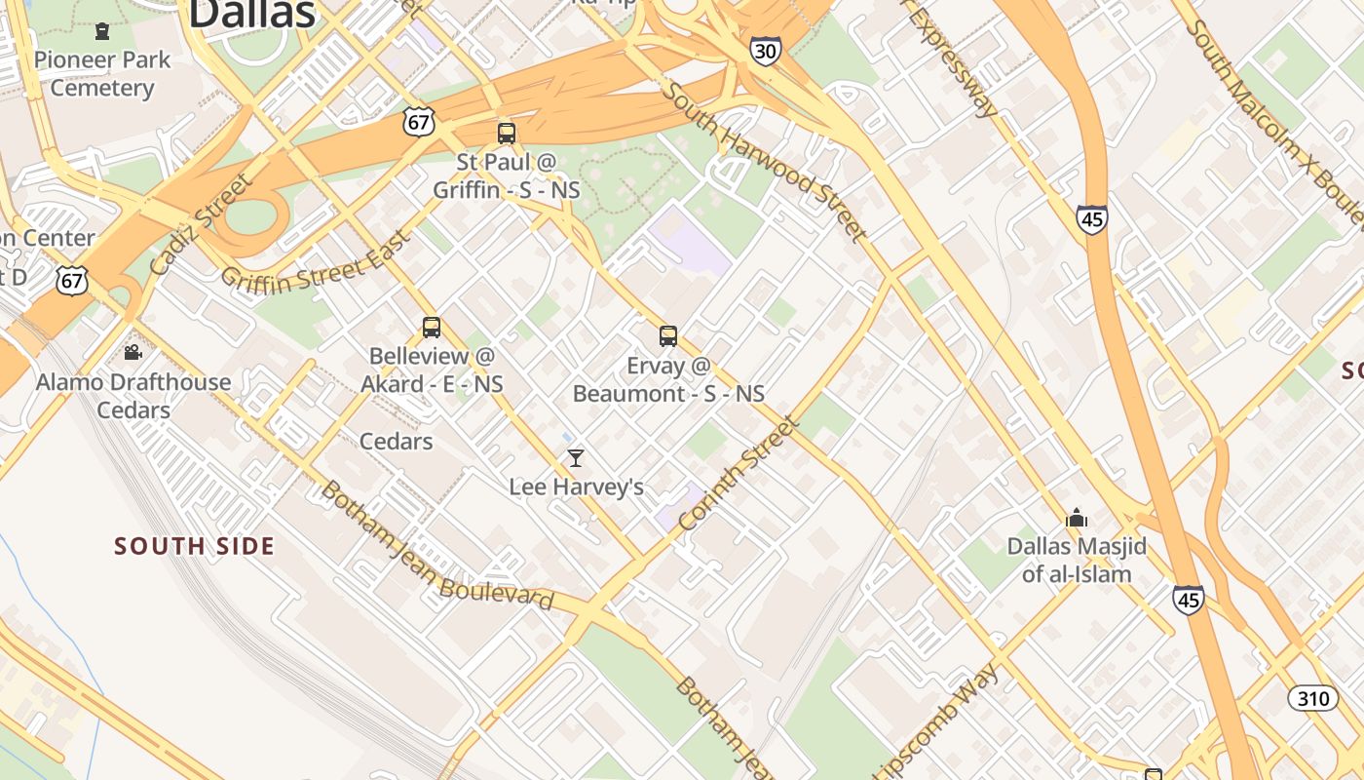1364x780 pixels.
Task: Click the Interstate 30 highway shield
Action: tap(765, 51)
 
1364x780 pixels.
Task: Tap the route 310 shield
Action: tap(1312, 698)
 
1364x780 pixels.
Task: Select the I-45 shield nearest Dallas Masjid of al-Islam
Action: tap(1188, 599)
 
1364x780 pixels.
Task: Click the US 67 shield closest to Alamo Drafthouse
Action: tap(72, 281)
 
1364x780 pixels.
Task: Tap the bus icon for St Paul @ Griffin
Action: tap(506, 134)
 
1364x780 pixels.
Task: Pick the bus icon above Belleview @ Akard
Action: tap(432, 328)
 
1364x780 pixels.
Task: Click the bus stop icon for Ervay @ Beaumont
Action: tap(667, 336)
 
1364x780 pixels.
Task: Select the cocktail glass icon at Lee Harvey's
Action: tap(576, 457)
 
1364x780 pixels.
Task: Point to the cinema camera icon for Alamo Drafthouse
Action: tap(133, 352)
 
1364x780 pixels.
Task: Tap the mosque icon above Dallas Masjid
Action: tap(1077, 517)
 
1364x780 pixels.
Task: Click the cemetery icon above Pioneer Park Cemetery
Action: tap(102, 31)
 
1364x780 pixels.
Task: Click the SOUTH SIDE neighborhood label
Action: tap(194, 546)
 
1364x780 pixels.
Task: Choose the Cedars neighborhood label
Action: tap(396, 442)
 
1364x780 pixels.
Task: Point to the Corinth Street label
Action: tap(739, 475)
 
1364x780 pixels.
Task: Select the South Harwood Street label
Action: tap(765, 161)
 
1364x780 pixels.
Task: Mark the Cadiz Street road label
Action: tap(202, 224)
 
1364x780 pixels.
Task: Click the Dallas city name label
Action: tap(251, 14)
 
